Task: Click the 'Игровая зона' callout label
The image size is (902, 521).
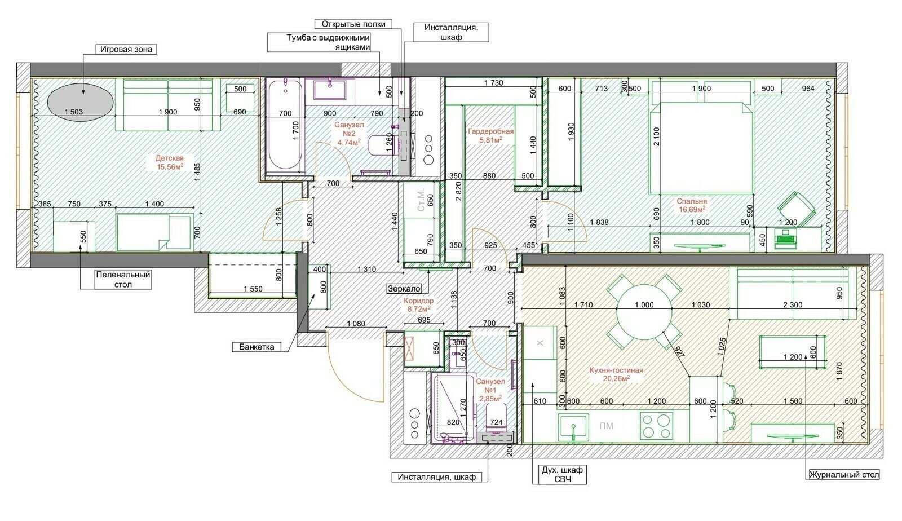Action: pos(126,50)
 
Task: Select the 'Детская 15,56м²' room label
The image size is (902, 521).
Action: pos(170,162)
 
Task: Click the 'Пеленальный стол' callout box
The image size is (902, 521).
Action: pos(123,280)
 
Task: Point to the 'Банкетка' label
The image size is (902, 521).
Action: pos(257,347)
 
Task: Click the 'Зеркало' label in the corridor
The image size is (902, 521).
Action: pos(404,288)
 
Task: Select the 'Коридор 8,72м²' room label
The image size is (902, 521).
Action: pos(419,305)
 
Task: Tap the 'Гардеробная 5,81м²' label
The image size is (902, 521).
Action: pos(491,136)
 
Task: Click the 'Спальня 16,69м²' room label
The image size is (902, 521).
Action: pos(692,205)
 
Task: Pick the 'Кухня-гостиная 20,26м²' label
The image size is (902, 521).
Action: pos(616,374)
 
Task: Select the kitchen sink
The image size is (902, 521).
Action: pos(573,427)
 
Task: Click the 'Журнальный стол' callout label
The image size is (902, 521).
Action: pos(844,474)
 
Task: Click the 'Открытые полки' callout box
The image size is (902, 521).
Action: pos(353,24)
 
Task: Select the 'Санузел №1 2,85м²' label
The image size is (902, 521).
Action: pos(490,390)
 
